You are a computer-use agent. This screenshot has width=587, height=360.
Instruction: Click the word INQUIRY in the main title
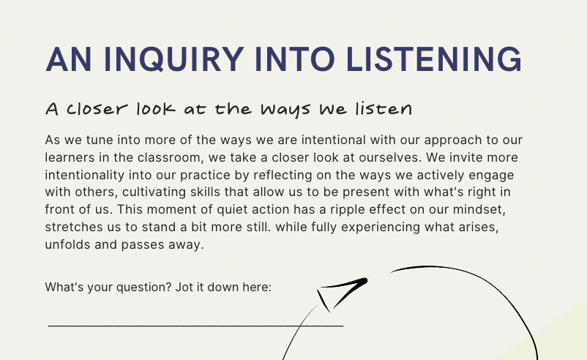[x=157, y=59]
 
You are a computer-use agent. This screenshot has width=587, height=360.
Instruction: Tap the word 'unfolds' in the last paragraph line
[x=67, y=245]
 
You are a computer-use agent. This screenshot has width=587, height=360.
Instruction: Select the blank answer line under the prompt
[x=195, y=323]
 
